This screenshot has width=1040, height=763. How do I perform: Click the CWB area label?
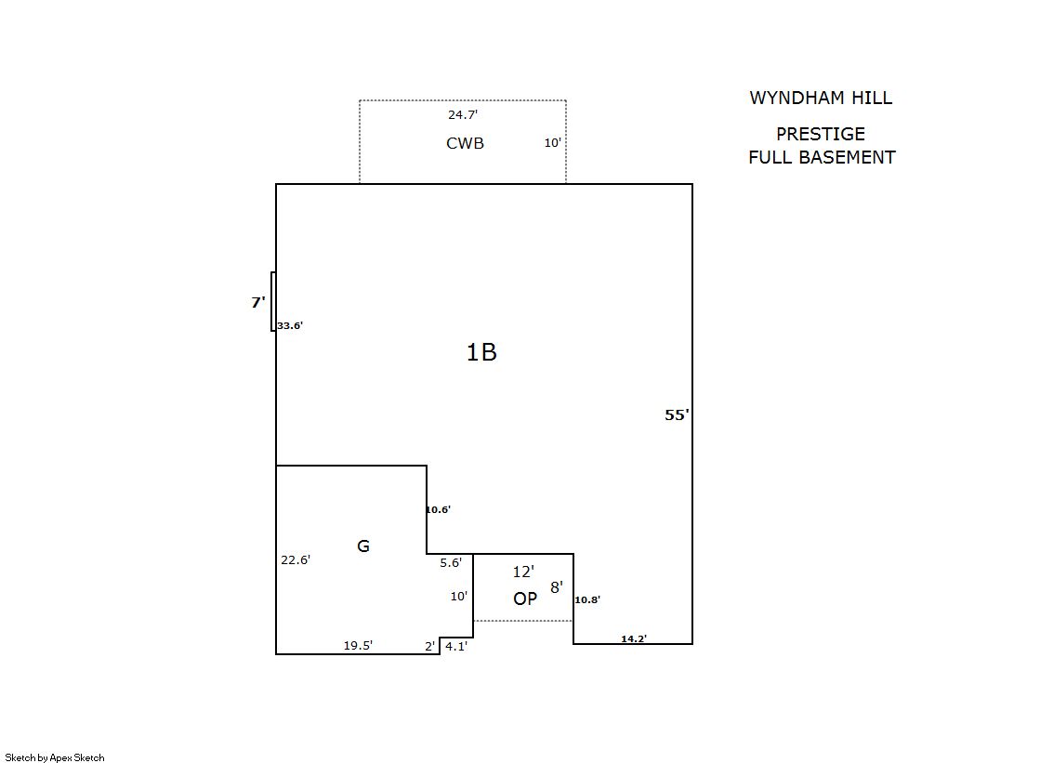pos(465,143)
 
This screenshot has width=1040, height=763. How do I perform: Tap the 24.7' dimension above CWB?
pos(463,115)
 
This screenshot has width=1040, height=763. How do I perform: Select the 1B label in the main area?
pos(481,352)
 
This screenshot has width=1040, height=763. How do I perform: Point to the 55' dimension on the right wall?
pos(677,415)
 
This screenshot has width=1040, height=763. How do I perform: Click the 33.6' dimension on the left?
pos(290,326)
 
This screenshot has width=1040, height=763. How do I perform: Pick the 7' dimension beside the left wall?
pos(258,302)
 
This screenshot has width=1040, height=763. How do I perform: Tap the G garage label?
pos(363,546)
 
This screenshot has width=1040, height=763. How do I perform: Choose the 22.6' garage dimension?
pos(296,559)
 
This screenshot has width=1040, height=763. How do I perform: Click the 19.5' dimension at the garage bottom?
pos(358,646)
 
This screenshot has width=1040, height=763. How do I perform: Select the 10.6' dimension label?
pos(438,509)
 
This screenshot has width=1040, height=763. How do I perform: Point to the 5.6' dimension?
pos(451,562)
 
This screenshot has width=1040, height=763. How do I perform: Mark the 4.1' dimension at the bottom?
pos(455,646)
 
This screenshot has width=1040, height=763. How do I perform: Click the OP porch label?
pos(525,599)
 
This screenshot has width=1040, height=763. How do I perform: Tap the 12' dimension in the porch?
pos(523,572)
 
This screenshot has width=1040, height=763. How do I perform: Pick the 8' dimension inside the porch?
pos(556,587)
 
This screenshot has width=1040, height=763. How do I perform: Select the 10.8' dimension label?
pos(587,599)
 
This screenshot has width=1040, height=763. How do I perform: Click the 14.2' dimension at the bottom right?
pos(634,638)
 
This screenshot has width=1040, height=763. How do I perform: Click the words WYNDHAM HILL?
pos(821,98)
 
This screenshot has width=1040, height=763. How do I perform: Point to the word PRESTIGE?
pos(821,134)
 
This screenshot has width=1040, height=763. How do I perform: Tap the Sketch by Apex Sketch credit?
pos(55,757)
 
